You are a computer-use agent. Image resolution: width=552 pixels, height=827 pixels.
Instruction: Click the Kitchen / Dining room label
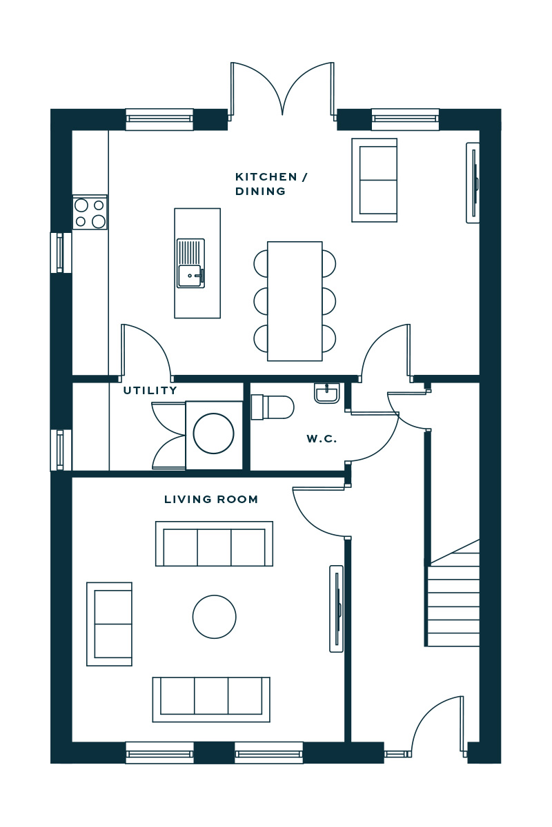pos(271,184)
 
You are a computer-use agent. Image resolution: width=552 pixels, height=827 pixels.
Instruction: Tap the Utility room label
pos(150,390)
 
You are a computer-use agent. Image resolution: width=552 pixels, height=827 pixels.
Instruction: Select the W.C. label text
pos(322,439)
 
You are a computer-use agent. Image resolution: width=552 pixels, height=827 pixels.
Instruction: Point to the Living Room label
pos(210,500)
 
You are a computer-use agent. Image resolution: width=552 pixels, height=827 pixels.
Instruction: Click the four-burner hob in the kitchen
pos(90,212)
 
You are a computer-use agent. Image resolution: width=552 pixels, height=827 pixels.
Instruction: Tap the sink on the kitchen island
pos(190,263)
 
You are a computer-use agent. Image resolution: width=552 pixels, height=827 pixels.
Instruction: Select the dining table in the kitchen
pos(295,301)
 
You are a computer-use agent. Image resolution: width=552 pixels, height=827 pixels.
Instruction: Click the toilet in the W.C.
pos(272,407)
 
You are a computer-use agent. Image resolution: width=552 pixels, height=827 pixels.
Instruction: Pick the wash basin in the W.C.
pos(327,394)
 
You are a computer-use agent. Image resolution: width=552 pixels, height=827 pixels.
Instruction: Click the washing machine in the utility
pos(214,436)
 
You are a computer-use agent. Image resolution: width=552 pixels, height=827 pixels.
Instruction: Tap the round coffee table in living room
pos(214,616)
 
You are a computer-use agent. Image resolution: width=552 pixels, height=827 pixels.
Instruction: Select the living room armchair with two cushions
pos(109,624)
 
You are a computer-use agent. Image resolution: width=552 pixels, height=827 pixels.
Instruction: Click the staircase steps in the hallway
pos(453,595)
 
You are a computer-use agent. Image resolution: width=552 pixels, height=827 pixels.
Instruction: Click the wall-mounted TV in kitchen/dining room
pos(473,183)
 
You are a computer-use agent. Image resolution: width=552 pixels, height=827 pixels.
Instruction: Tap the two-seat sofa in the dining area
pos(375,180)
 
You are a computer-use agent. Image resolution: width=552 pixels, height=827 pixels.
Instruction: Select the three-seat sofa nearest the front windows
pos(211,700)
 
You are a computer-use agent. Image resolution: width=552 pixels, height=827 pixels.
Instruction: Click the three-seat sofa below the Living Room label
pos(214,544)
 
